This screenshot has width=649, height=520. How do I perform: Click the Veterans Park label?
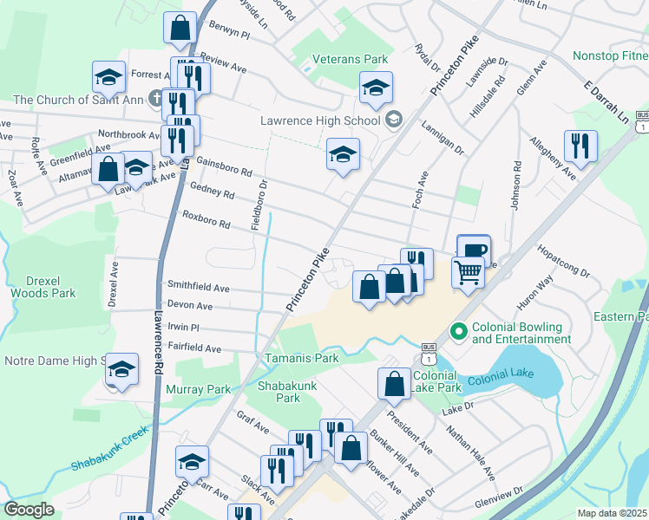tap(351, 59)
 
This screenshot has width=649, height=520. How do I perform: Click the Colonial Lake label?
tap(501, 380)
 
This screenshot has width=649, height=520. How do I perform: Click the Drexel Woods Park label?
tap(43, 287)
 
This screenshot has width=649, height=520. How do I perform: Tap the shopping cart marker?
tap(468, 273)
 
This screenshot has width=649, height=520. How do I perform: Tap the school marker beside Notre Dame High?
tap(122, 370)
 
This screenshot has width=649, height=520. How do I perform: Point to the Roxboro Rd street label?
tap(206, 218)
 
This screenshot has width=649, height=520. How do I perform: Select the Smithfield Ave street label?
tap(198, 287)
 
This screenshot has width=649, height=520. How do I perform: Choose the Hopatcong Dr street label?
tap(564, 261)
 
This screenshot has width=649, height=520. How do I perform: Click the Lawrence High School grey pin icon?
tap(393, 119)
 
